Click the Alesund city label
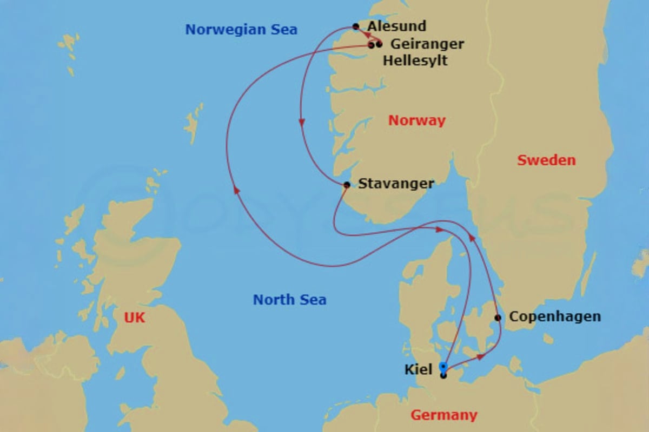pos(396,26)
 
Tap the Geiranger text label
pos(427,44)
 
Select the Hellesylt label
pos(415,60)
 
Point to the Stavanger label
pos(396,184)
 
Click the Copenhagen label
pos(555,316)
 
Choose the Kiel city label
pos(418,370)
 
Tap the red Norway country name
pos(416,120)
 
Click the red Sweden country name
pos(546,160)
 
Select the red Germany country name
pos(443,415)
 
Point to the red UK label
pos(135,318)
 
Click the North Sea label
pos(289,300)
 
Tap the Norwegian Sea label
pos(241,29)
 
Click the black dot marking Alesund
pos(355,26)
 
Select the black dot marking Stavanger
pos(347,185)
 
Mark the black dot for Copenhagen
pos(498,318)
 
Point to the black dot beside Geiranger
pos(379,44)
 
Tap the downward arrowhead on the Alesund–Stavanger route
pos(301,123)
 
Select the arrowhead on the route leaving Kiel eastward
pos(481,356)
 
